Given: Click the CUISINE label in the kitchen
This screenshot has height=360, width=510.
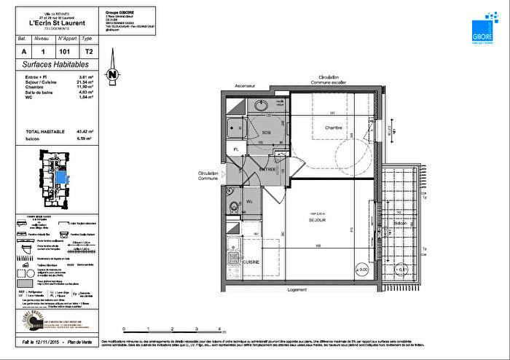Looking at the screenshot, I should pyautogui.click(x=251, y=262).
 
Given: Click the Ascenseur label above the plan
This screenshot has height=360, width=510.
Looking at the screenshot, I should pyautogui.click(x=244, y=86).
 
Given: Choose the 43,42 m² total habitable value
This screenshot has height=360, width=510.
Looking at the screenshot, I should pyautogui.click(x=88, y=131).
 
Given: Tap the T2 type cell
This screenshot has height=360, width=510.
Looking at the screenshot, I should pyautogui.click(x=87, y=52).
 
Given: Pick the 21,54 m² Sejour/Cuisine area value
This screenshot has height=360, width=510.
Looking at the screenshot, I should pyautogui.click(x=88, y=82).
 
